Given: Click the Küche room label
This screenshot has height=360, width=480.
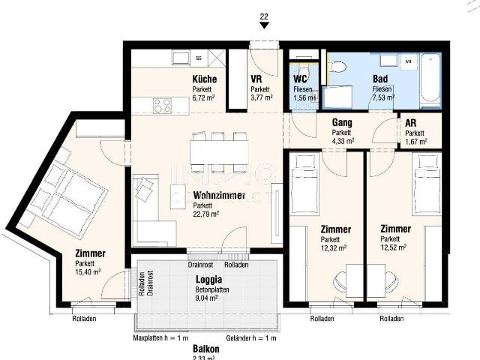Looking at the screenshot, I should click(204, 79).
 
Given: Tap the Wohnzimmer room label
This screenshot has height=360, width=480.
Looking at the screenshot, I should click(218, 195).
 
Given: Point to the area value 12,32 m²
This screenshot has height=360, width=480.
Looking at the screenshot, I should click(333, 247).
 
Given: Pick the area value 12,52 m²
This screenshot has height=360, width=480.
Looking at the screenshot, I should click(393, 247).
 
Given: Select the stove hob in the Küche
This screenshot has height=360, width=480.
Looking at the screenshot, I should click(162, 106).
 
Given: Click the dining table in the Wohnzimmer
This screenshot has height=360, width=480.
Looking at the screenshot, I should click(219, 152).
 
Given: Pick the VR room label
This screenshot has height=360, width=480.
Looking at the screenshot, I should click(256, 79).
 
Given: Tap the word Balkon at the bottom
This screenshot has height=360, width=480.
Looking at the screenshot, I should click(205, 349).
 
